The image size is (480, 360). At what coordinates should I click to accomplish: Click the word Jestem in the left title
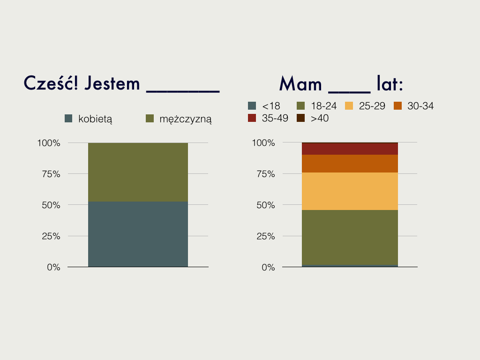coord(112,83)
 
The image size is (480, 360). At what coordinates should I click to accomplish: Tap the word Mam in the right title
coord(300,84)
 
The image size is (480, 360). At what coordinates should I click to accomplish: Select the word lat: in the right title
coord(390,83)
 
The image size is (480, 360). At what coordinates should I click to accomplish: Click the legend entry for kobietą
coord(89,119)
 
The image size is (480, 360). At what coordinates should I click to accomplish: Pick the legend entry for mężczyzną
coord(179,119)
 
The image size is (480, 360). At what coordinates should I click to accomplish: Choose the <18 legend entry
coord(264,106)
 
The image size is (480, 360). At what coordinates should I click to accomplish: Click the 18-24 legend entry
coord(316,106)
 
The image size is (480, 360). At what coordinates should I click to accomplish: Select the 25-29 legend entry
coord(365,106)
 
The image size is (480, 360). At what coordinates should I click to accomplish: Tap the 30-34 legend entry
coord(413,106)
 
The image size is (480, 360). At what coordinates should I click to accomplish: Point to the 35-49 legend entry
coord(268,118)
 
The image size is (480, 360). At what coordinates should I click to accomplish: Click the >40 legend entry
coord(313,118)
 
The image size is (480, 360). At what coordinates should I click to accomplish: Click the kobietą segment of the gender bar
coord(138,234)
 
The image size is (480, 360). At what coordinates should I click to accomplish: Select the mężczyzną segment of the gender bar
coord(138,172)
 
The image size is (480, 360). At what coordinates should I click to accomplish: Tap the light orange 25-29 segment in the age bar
coord(350,191)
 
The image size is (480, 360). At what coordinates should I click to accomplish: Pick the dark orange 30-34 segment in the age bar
coord(350,164)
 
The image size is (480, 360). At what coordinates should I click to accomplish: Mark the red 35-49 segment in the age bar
coord(350,149)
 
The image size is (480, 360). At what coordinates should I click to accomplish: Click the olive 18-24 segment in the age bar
coord(350,238)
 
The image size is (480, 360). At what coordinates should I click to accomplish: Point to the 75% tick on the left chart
coord(51,174)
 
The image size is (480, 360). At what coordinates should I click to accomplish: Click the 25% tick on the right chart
coord(266,236)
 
